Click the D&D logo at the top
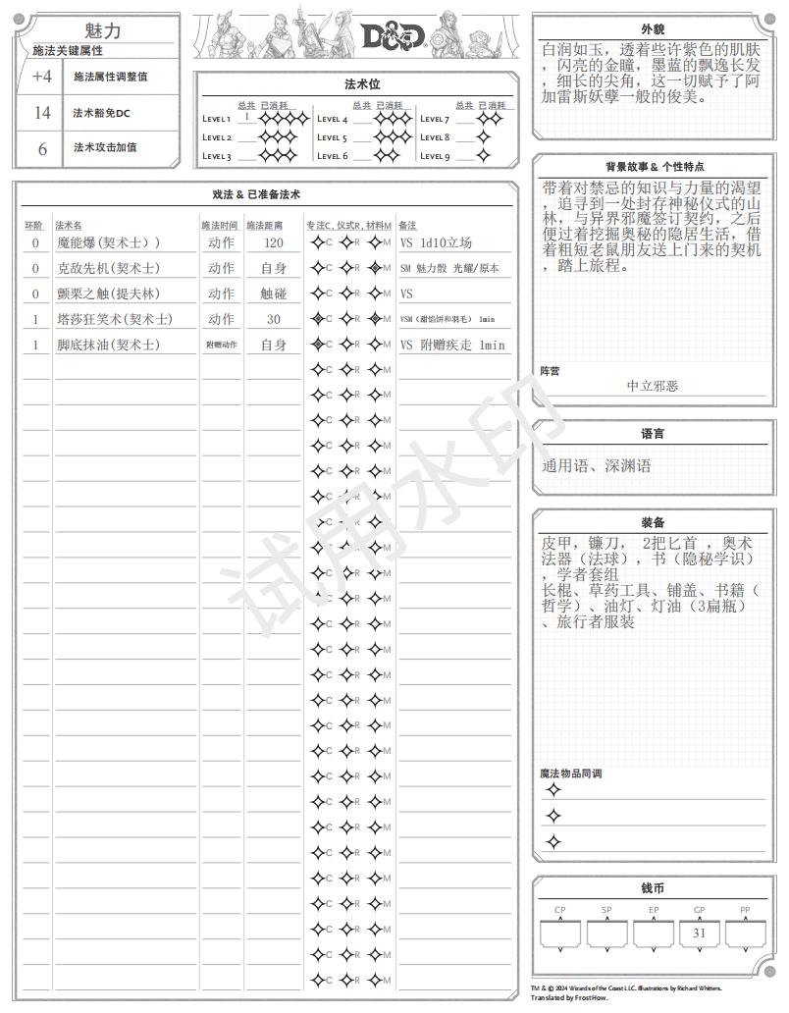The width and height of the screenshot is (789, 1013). tap(393, 36)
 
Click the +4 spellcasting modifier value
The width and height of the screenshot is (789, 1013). tap(42, 77)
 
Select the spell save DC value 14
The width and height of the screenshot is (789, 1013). tap(42, 113)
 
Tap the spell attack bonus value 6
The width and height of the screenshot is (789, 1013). tap(42, 149)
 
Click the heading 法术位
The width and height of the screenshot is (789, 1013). tap(355, 84)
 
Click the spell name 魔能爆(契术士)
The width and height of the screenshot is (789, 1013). tap(108, 242)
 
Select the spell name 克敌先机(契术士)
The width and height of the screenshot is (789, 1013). tap(108, 268)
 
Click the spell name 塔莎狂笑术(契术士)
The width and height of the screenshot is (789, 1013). tap(114, 319)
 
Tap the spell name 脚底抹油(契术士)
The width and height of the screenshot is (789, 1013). tap(108, 345)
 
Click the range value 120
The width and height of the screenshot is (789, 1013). tap(273, 242)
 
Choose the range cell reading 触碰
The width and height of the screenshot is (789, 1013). tap(273, 293)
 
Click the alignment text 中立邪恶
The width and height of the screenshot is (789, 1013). tap(653, 386)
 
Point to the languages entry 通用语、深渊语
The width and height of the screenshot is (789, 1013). tap(597, 465)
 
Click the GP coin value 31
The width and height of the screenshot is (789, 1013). tap(699, 933)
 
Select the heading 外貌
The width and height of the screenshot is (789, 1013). tap(653, 27)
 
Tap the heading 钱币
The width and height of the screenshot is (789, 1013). tap(653, 888)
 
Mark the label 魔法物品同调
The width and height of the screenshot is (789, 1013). tap(570, 773)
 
